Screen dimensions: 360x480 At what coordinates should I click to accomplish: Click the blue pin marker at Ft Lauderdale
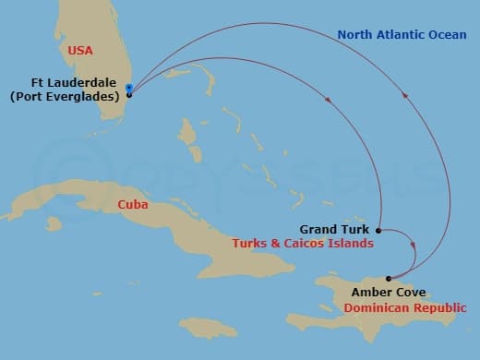pyautogui.click(x=129, y=90)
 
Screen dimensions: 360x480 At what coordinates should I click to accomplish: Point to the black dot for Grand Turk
pyautogui.click(x=378, y=229)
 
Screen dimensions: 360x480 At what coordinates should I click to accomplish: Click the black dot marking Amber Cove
pyautogui.click(x=389, y=278)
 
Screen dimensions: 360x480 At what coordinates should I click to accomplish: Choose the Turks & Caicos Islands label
pyautogui.click(x=304, y=245)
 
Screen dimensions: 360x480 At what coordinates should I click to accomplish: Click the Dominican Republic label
pyautogui.click(x=404, y=307)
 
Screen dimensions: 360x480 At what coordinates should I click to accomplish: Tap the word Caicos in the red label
pyautogui.click(x=311, y=245)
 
